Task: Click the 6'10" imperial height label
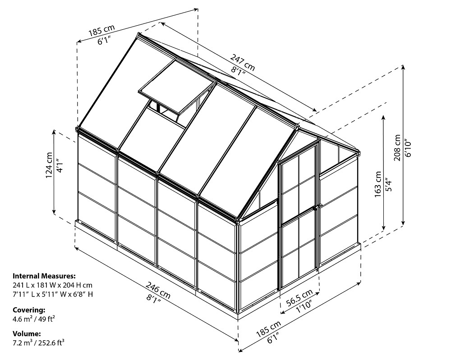coord(408,145)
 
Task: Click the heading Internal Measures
coord(44,276)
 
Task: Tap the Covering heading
coord(29,310)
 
